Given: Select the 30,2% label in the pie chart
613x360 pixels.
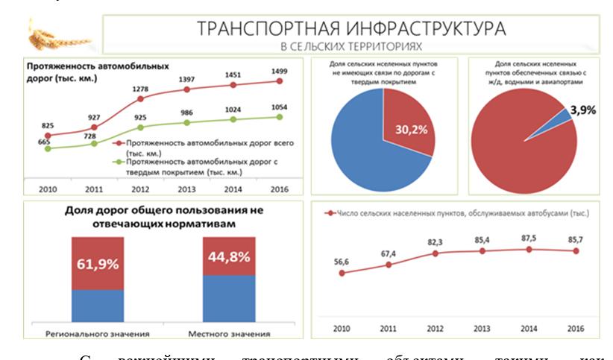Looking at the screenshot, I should [x=411, y=130].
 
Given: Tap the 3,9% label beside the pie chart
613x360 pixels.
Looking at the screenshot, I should [x=583, y=110].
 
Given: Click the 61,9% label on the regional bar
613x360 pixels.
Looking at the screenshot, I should [x=98, y=264].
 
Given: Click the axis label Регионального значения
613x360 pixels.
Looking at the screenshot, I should [x=98, y=333].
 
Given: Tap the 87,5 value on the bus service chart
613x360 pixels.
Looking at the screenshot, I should [x=529, y=237].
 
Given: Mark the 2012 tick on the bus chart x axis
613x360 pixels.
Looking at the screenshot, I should [x=436, y=328].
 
